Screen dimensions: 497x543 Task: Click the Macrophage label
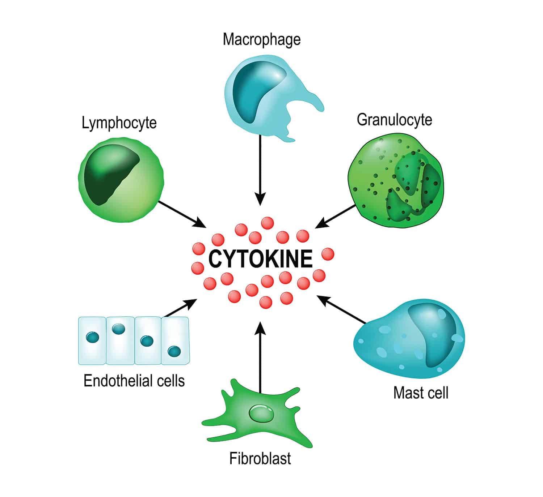[x=261, y=39]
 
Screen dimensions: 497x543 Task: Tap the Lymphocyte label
[x=119, y=123]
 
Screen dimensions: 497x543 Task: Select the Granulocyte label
[x=394, y=120]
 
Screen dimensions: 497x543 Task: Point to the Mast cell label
[x=421, y=393]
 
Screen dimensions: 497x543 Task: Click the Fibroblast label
[x=260, y=458]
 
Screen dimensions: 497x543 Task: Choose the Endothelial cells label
[x=134, y=381]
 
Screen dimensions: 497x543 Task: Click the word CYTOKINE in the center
[x=260, y=259]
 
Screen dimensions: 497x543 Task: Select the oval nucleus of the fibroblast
[x=261, y=413]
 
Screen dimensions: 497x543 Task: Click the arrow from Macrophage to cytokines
[x=260, y=170]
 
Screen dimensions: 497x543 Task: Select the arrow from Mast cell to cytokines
[x=342, y=309]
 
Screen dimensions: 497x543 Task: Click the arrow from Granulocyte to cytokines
[x=336, y=216]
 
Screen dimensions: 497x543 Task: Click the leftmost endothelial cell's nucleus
[x=93, y=338]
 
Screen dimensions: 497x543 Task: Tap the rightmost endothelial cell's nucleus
[x=174, y=351]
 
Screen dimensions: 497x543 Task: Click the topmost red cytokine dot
[x=267, y=223]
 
